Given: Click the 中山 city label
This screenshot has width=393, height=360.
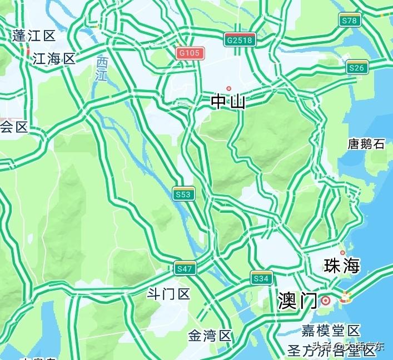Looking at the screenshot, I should click(x=228, y=102).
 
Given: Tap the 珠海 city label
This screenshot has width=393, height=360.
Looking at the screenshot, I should click(x=342, y=266).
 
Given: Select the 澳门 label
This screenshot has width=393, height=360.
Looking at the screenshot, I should click(x=297, y=301).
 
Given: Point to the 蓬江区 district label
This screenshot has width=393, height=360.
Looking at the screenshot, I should click(x=34, y=36).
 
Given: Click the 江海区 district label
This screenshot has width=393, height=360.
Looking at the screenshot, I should click(x=53, y=59).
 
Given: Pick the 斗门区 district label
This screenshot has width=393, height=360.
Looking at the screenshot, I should click(x=168, y=294).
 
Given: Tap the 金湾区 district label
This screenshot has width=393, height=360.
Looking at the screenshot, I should click(x=210, y=336).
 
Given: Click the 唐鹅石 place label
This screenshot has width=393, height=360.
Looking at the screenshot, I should click(x=366, y=144).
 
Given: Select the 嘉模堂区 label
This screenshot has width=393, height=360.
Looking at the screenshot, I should click(x=331, y=331).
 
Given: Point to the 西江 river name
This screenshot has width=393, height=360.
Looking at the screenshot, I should click(x=101, y=69).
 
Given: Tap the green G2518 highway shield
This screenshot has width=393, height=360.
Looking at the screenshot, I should click(x=240, y=39).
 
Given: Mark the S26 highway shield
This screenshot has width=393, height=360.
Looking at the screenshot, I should click(x=357, y=68).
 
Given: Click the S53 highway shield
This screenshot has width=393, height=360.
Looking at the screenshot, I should click(x=183, y=193).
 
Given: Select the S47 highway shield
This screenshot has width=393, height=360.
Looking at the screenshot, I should click(x=185, y=268).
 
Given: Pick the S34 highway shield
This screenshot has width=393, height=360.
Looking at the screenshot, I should click(x=261, y=278).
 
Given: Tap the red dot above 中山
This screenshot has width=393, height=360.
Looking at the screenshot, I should click(x=228, y=89).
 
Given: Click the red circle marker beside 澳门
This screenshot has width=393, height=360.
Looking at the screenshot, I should click(x=326, y=301).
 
